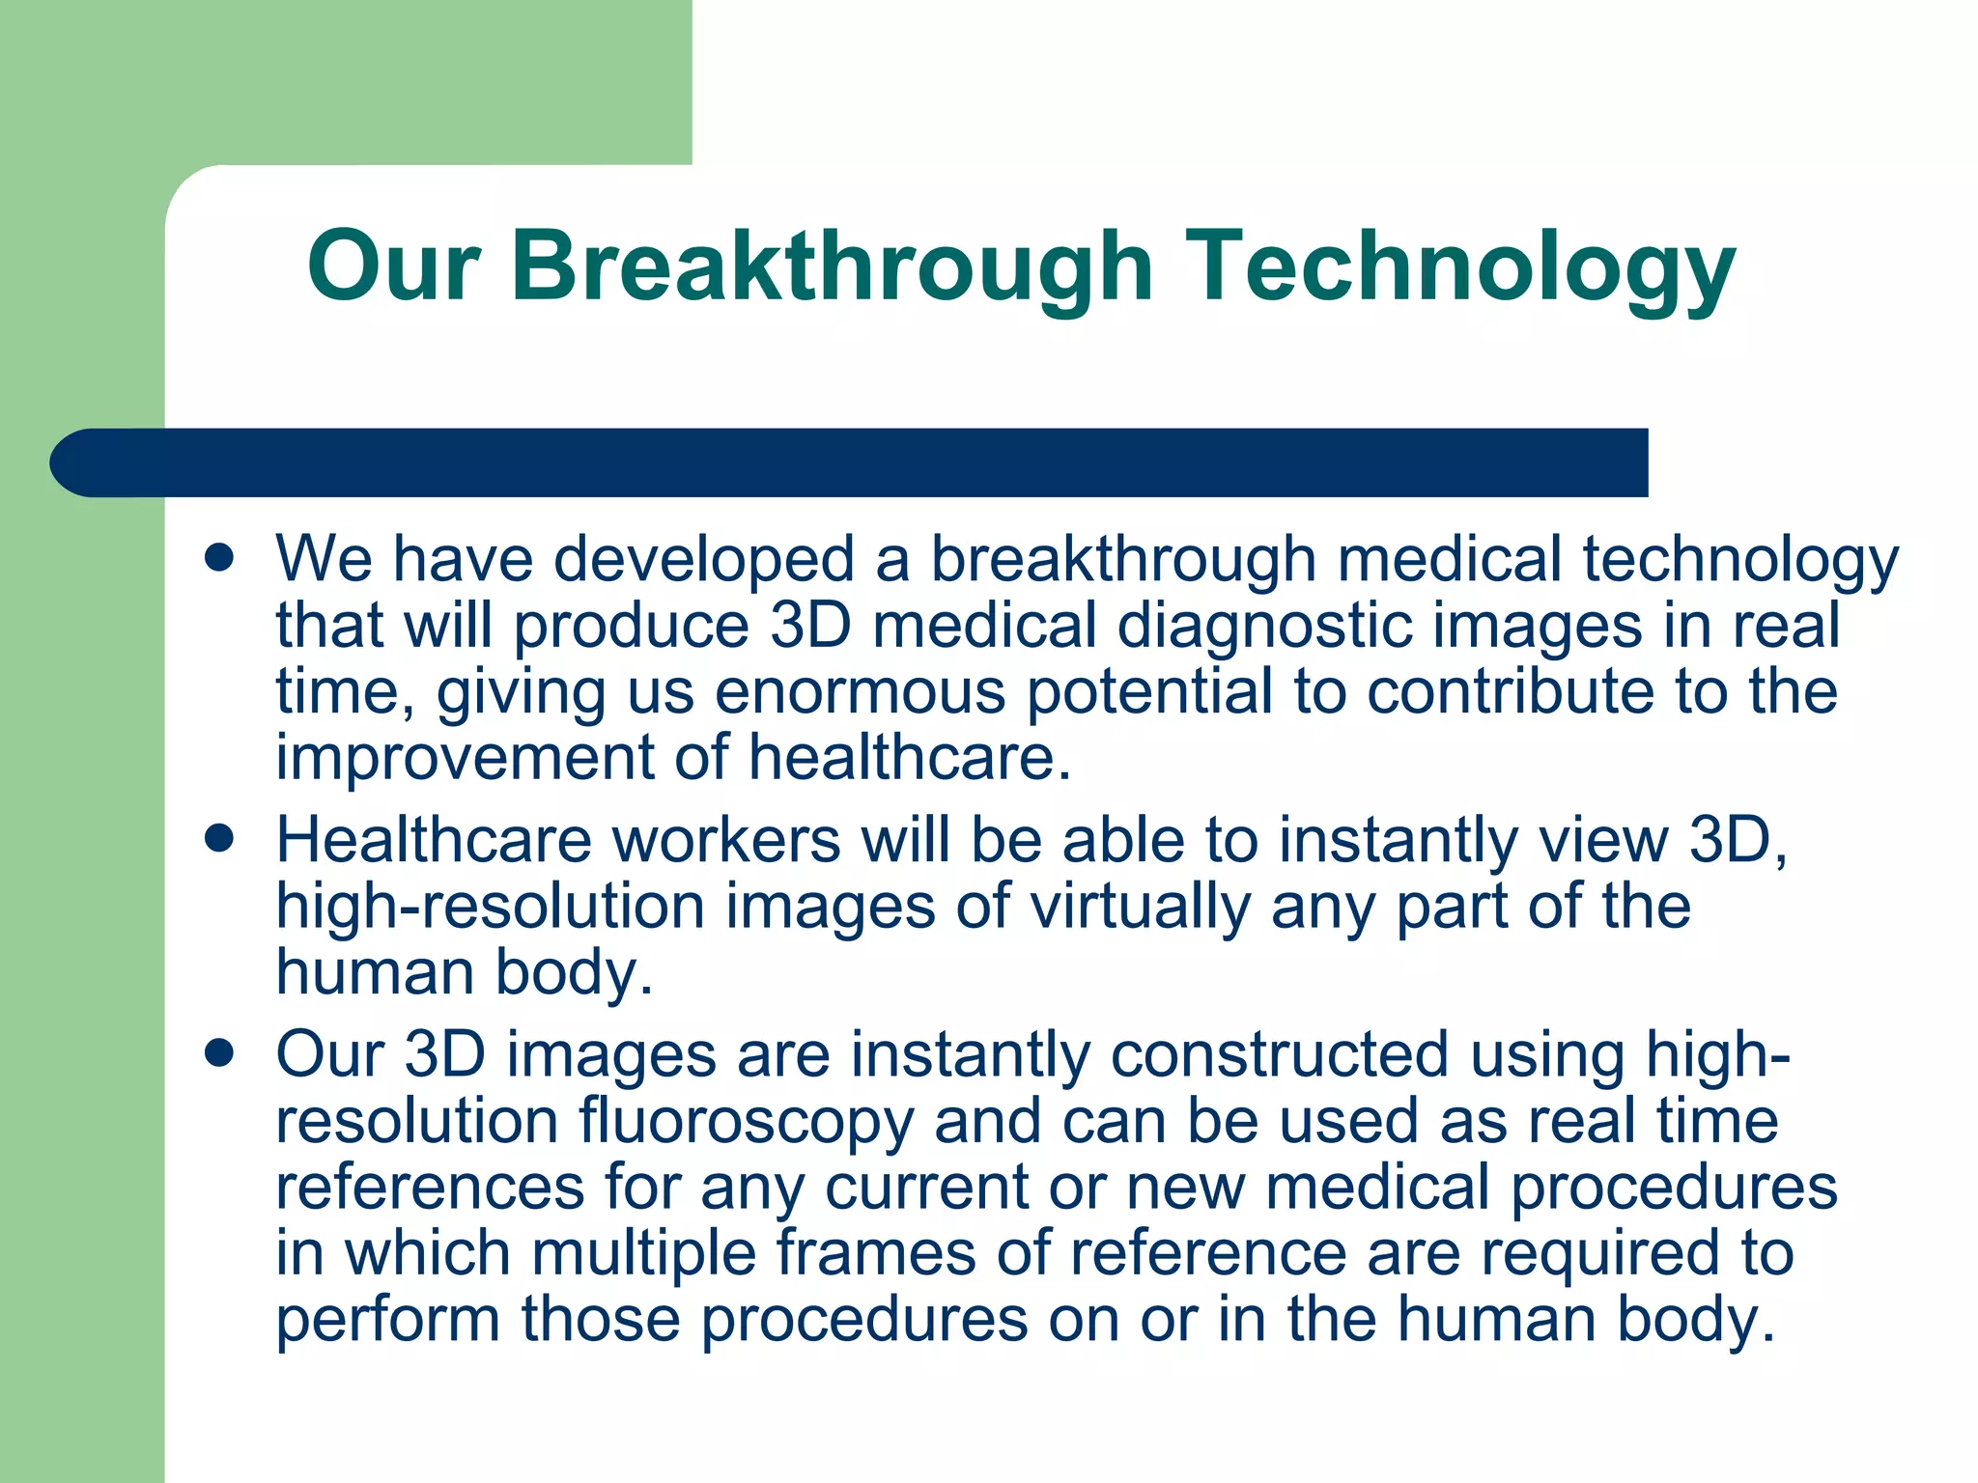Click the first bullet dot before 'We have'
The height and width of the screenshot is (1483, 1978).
[x=220, y=558]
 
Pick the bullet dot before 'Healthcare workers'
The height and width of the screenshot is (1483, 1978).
[x=220, y=839]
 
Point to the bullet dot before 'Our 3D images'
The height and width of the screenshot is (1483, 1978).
[x=220, y=1053]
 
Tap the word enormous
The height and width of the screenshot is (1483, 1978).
[x=860, y=691]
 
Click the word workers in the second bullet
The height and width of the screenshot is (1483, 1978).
[x=726, y=840]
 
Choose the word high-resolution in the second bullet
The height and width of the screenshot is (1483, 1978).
[x=490, y=907]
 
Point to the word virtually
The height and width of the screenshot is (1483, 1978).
[x=1140, y=907]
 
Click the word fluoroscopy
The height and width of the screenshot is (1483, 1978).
[x=746, y=1121]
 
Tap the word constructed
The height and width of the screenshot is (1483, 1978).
[x=1280, y=1054]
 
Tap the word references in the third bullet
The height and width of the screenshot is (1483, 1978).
[x=430, y=1187]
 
